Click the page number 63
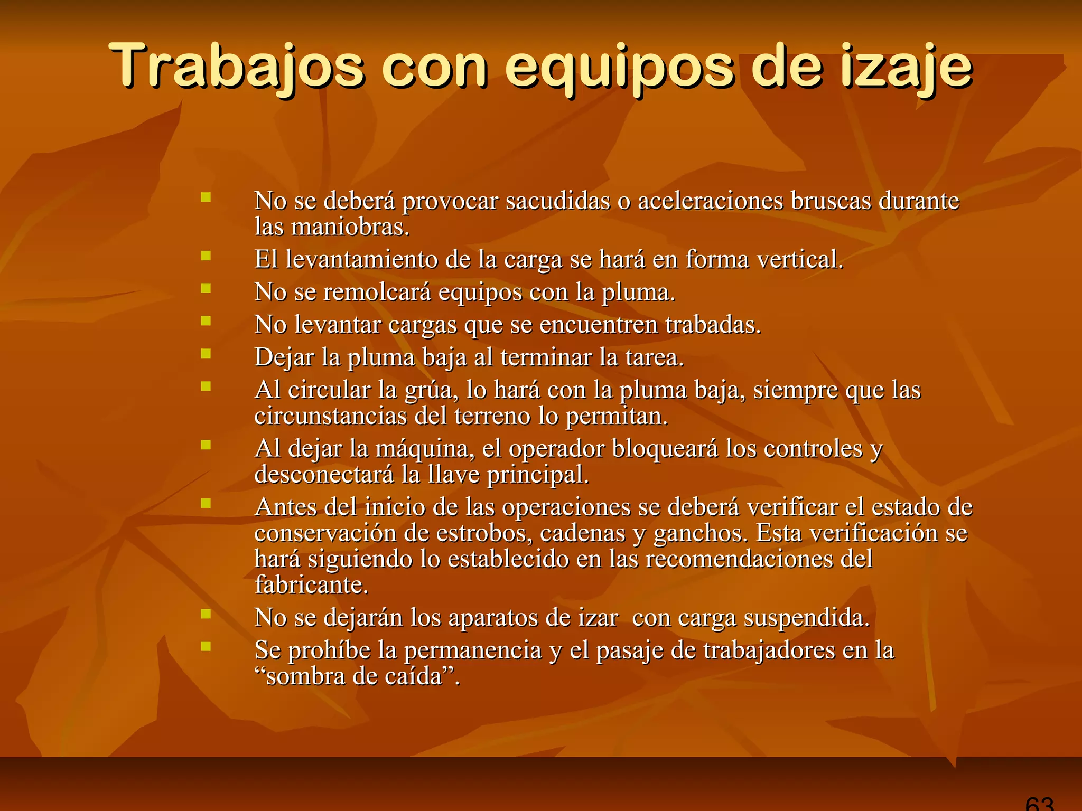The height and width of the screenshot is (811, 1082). click(1039, 804)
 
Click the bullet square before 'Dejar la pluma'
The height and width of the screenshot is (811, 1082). click(206, 353)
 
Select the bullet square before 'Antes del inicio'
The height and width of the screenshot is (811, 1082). click(206, 503)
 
